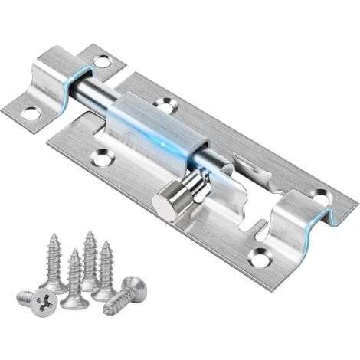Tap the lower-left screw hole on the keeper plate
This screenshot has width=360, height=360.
point(31,113)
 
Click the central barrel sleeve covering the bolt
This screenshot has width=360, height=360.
point(149,130)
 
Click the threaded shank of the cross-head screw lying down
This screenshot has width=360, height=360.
point(23,296)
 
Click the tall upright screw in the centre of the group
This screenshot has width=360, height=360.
point(90,257)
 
